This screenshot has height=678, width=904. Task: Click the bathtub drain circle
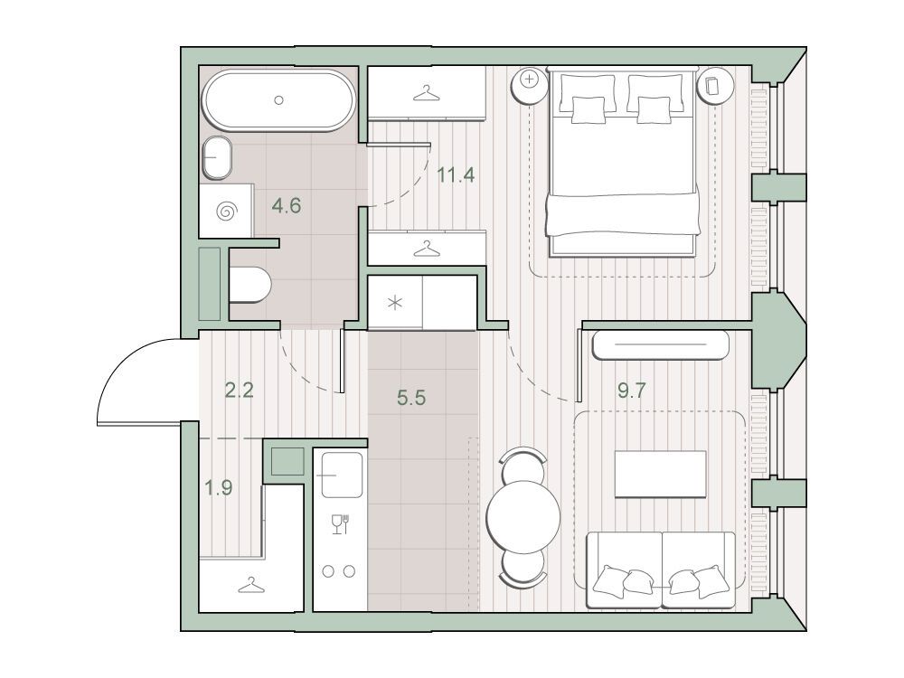pos(279,99)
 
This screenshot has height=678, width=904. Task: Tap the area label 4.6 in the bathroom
pos(287,205)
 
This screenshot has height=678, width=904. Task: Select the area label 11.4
pos(456,174)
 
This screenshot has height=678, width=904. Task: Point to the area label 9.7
pos(632,391)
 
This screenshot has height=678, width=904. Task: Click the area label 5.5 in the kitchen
pos(411,397)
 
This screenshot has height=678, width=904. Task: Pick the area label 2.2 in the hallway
pos(240,391)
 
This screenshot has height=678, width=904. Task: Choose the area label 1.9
pos(219,488)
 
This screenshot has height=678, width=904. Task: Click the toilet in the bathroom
pos(250,285)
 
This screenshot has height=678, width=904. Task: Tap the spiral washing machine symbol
pos(227,212)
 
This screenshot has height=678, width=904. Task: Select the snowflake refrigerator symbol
pos(395,302)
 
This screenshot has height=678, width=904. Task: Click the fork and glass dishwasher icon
pos(341,523)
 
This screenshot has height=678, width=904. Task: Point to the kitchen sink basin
pos(342,475)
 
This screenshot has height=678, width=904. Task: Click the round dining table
pos(523,516)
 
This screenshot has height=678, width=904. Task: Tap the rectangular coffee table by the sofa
pos(660,474)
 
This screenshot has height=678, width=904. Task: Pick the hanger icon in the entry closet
pos(251,587)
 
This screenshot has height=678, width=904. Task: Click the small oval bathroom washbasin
pos(217,158)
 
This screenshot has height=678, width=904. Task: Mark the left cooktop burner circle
pos(329,571)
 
